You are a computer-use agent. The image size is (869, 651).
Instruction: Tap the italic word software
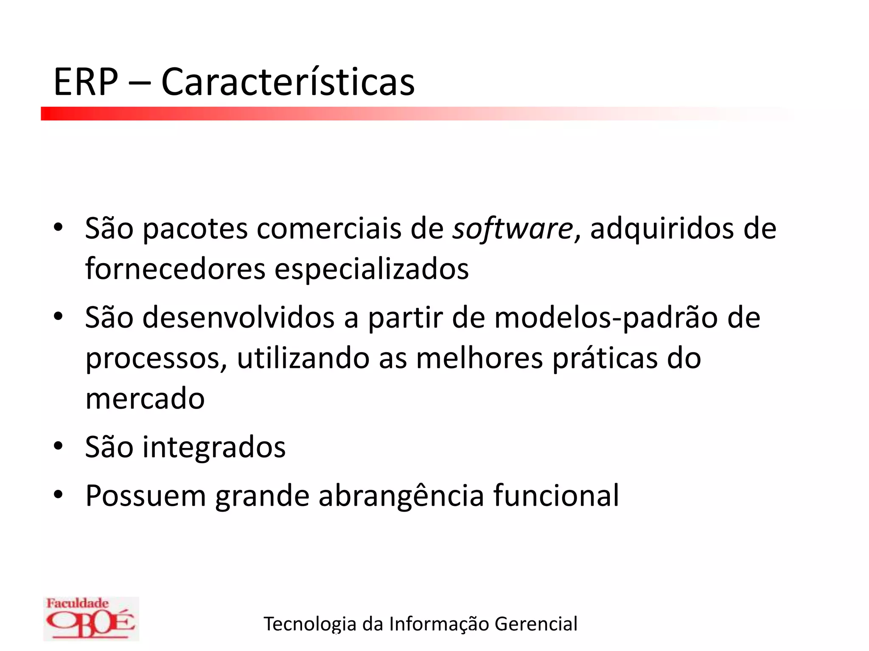[513, 229]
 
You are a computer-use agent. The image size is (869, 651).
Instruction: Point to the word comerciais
[329, 229]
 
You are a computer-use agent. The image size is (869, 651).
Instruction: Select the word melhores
[479, 358]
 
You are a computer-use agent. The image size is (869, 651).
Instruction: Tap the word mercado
[145, 399]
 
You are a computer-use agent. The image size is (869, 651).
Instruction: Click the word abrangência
[401, 496]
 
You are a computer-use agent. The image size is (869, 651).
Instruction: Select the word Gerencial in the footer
[536, 624]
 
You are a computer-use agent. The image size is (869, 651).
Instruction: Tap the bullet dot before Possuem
[58, 494]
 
